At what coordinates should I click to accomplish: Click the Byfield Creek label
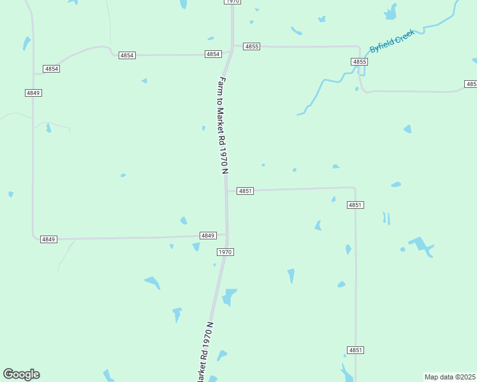point(392,41)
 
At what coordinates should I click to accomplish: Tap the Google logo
point(21,374)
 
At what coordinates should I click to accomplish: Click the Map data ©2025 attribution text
point(450,377)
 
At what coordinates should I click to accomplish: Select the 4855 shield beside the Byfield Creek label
point(360,62)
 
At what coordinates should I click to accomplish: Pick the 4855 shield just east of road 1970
point(252,46)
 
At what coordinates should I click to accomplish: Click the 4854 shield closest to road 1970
point(213,54)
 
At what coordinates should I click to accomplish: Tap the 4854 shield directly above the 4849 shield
point(52,68)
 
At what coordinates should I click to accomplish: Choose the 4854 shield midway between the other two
point(127,55)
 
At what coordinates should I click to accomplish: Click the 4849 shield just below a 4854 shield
point(33,93)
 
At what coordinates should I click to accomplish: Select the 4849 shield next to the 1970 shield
point(208,236)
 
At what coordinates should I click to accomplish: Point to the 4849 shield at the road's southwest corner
point(48,239)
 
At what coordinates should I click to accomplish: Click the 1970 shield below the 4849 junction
point(225,252)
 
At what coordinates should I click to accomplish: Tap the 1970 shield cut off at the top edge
point(232,2)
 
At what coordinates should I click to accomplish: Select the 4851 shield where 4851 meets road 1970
point(246,191)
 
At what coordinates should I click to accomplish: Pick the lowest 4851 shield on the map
point(356,350)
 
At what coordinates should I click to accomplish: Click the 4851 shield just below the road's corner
point(355,205)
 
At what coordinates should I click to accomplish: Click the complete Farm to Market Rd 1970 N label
point(223,125)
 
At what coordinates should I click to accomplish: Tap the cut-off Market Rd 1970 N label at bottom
point(204,353)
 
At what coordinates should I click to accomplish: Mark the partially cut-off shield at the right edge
point(471,84)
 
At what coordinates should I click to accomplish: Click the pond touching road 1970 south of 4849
point(229,297)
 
